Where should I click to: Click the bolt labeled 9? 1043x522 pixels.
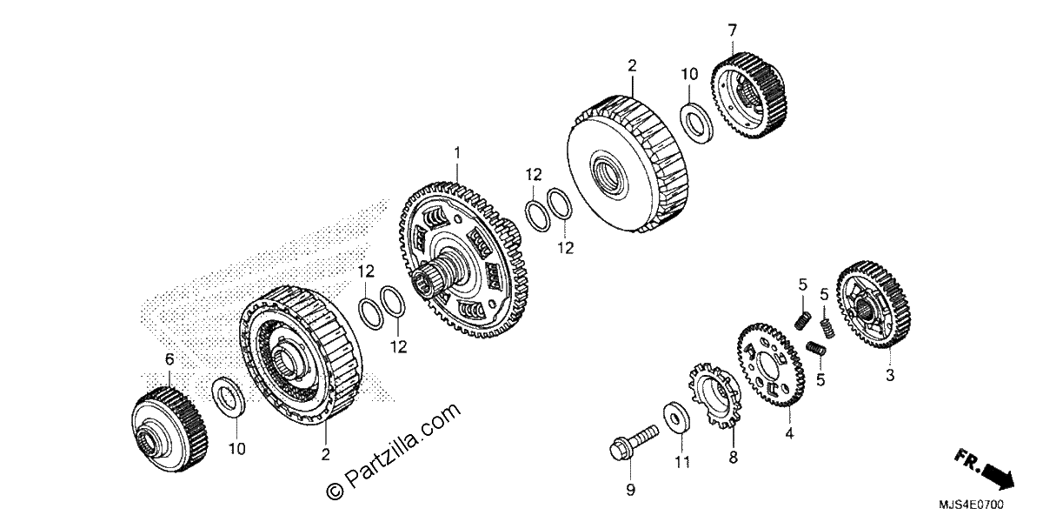click(634, 442)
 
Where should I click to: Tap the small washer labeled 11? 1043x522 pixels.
click(676, 417)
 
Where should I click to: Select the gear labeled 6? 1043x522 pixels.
click(169, 429)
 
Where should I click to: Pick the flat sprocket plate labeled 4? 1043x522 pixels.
click(771, 365)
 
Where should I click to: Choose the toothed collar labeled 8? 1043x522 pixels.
click(715, 395)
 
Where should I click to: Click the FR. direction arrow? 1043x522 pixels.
click(985, 469)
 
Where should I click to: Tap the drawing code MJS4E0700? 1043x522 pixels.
click(971, 505)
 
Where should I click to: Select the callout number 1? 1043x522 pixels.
click(457, 153)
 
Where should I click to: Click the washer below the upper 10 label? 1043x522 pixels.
click(696, 123)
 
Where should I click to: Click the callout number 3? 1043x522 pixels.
click(890, 375)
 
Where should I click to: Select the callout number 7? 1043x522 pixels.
click(733, 30)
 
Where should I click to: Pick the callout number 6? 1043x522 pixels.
click(169, 359)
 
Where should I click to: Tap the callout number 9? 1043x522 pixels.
click(630, 490)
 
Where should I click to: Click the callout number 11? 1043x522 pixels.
click(682, 462)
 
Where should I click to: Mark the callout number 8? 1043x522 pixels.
click(734, 458)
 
